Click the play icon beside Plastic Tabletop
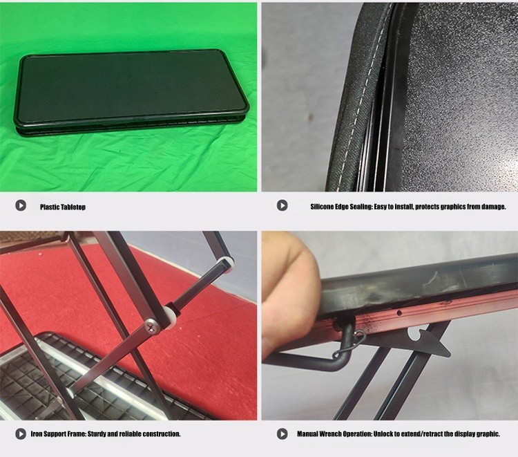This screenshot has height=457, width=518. (x=21, y=205)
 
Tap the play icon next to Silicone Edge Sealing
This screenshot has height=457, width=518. (x=282, y=205)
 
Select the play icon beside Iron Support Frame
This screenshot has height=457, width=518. (x=21, y=434)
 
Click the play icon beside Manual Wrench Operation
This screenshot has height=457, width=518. (x=282, y=434)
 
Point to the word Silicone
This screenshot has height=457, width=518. (x=322, y=207)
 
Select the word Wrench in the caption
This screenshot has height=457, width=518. (x=329, y=434)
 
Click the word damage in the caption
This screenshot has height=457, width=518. (x=493, y=207)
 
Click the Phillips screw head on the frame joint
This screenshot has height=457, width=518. (x=153, y=327)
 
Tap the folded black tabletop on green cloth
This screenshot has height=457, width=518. (x=131, y=93)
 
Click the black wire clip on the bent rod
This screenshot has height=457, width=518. (x=351, y=344)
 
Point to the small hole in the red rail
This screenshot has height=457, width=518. (x=399, y=313)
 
